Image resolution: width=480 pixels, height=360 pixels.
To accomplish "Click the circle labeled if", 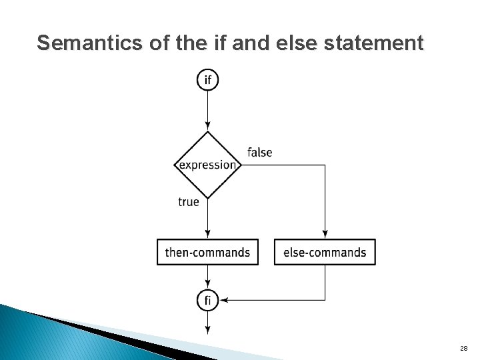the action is click(x=208, y=80).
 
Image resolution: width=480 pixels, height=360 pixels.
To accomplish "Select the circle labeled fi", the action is click(x=208, y=301).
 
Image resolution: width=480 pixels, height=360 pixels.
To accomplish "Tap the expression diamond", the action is click(x=208, y=165).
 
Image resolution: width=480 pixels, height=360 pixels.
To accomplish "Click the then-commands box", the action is click(x=208, y=252).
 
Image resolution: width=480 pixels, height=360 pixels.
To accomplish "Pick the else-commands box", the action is click(x=325, y=252).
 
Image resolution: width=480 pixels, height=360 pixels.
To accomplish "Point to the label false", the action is click(x=260, y=153).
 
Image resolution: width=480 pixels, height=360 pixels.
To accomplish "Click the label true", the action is click(x=189, y=201).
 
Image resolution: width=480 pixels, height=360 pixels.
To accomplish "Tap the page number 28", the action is click(x=464, y=349).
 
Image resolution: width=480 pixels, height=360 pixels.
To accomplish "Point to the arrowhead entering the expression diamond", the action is click(x=208, y=126).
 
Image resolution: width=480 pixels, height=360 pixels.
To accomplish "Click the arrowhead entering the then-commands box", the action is click(x=208, y=234).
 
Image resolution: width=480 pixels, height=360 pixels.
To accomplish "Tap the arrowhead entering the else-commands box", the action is click(x=325, y=234).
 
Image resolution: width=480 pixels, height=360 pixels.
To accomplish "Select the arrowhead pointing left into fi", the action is click(x=224, y=301).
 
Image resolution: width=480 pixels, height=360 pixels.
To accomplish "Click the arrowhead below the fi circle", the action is click(x=208, y=329).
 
